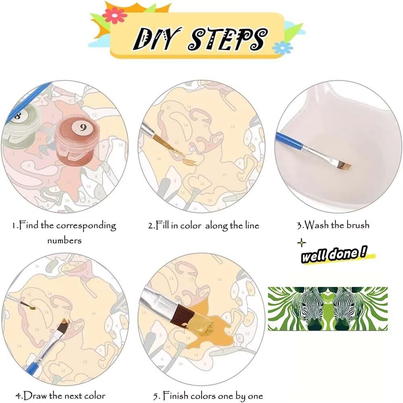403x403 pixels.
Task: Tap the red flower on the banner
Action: (x=114, y=15)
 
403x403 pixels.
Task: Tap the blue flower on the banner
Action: (x=282, y=48)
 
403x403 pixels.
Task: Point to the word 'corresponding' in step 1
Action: (x=86, y=226)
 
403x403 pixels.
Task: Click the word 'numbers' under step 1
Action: (x=64, y=241)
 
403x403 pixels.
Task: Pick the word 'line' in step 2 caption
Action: (x=252, y=225)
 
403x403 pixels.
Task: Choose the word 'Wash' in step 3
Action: (x=316, y=225)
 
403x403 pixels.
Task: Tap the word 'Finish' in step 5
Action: (x=176, y=395)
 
